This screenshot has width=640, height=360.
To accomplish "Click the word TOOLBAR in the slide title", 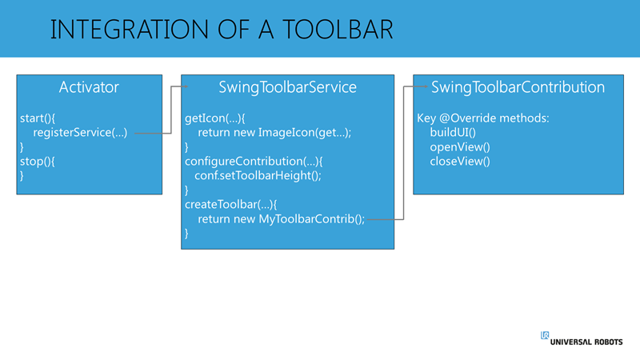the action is tap(338, 30).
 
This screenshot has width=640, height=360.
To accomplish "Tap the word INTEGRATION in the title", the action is tap(130, 30).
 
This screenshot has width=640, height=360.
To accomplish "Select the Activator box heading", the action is tap(89, 87).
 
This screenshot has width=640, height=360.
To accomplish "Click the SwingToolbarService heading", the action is tap(287, 87).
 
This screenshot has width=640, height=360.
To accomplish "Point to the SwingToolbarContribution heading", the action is tap(518, 87).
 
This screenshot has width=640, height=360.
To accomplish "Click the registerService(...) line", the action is tap(80, 133).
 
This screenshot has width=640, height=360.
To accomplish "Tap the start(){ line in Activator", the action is tap(38, 118).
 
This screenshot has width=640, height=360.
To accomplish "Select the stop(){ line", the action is tap(37, 162).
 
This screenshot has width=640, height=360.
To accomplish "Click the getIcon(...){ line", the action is tap(214, 118).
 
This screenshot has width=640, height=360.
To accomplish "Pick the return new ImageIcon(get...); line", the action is tap(274, 133).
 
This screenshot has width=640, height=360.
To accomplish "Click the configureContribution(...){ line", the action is tap(254, 162).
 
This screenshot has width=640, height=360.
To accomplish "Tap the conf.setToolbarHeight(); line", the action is tap(258, 176).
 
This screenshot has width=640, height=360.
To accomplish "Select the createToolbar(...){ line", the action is tap(230, 205).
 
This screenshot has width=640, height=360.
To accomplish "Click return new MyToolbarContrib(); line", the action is tap(282, 219).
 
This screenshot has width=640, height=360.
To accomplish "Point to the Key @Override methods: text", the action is tap(483, 118).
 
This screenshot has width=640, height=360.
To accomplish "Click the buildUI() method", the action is tap(453, 133).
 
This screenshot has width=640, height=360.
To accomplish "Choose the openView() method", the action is tap(460, 147).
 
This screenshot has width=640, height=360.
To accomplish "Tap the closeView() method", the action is tap(460, 162).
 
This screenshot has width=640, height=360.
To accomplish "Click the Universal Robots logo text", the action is tap(586, 342).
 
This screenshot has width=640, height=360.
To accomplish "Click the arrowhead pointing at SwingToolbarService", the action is tap(186, 86).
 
